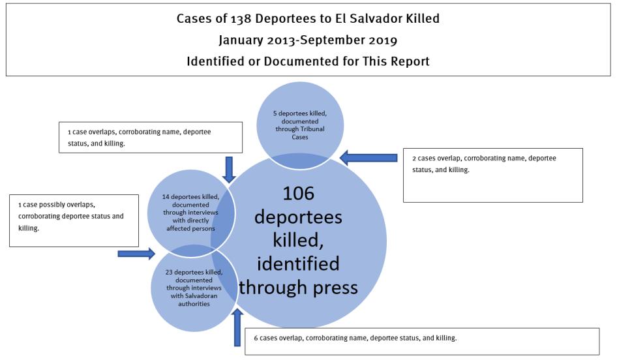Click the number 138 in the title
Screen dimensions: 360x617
click(x=243, y=18)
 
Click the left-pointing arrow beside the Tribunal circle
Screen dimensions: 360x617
click(x=369, y=157)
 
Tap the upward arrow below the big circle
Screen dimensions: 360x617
click(x=238, y=327)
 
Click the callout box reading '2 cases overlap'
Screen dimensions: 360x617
click(x=492, y=174)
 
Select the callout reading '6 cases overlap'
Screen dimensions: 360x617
click(x=421, y=340)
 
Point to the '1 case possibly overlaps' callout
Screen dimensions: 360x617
click(x=74, y=220)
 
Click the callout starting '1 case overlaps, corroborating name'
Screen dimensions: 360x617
click(x=150, y=137)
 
